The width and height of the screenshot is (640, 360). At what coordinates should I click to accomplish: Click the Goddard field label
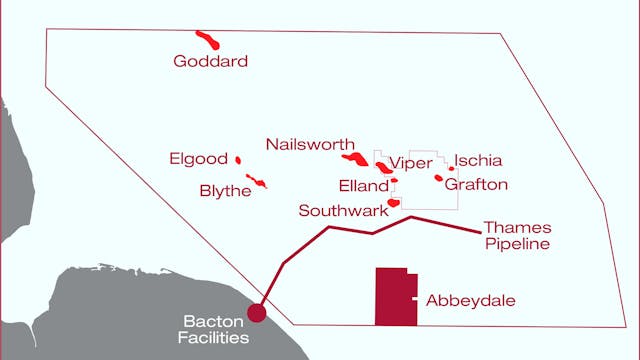pos(210,62)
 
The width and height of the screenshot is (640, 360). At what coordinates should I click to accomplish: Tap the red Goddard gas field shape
pos(208,39)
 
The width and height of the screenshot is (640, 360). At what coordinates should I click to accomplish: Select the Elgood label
pos(200,159)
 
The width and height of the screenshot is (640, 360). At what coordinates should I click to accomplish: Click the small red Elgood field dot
pos(238,159)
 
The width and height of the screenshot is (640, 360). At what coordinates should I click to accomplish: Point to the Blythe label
pos(225,191)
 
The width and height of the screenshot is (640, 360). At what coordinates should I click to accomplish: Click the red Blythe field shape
pos(257,182)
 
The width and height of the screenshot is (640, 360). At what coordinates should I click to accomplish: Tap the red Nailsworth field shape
pos(355,159)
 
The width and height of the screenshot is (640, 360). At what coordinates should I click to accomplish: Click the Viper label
pos(410,163)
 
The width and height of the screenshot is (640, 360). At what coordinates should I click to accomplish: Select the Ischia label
pos(478,161)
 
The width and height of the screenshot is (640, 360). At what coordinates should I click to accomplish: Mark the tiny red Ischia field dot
pos(451,168)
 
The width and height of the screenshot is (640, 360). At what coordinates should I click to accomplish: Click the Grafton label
pos(476,184)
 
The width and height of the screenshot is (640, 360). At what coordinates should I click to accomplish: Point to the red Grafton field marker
pos(438,179)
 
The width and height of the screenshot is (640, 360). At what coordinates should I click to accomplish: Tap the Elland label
pos(363,186)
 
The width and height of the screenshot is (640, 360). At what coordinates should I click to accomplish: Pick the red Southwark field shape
pos(393,203)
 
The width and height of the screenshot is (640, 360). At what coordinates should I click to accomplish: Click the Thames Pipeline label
pos(516,235)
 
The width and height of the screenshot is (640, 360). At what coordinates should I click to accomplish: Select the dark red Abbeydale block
pos(393,297)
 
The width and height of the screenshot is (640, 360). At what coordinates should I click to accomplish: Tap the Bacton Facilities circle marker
pos(257,313)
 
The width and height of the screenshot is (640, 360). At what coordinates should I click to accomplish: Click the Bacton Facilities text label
pos(216,329)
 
